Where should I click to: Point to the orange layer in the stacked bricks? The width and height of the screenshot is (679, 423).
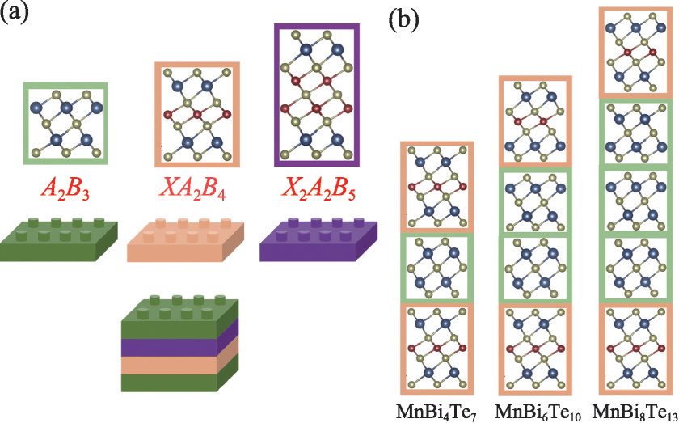pos(179,365)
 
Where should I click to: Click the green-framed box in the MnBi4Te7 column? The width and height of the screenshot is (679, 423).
pos(437,268)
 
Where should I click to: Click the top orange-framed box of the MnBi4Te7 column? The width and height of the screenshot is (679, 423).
pos(437,186)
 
